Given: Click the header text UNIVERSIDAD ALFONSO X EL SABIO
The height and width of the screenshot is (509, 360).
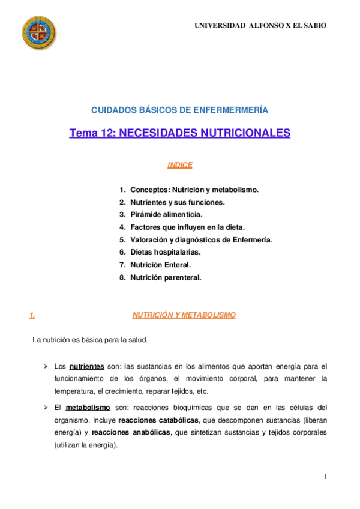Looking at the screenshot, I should tap(260, 26).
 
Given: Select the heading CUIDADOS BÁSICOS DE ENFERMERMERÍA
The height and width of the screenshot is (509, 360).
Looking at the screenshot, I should tap(179, 110).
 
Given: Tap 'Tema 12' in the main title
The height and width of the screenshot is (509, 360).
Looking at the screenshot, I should tap(92, 133).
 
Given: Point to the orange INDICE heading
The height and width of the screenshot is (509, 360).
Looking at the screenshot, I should tap(180, 164).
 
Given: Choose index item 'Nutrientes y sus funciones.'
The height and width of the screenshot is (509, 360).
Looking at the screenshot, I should tap(177, 202).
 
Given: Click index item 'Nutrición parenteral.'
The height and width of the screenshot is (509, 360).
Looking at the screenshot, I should tap(166, 277).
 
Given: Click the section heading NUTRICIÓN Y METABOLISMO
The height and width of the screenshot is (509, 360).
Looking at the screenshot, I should tap(184, 315).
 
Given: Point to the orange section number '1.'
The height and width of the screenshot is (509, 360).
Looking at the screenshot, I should tap(32, 315).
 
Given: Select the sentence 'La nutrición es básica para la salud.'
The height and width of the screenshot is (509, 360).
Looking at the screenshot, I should tap(90, 340).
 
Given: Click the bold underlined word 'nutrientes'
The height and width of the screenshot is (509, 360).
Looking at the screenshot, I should tap(87, 366).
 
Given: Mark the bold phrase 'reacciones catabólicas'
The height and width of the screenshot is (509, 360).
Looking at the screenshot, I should tap(158, 420).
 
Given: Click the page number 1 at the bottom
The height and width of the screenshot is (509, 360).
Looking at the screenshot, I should tap(325, 477).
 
